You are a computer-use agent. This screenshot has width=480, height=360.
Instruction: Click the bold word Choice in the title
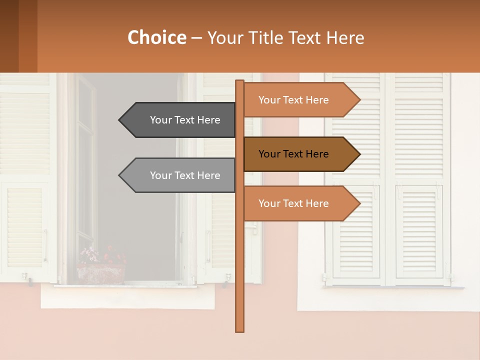pyautogui.click(x=156, y=38)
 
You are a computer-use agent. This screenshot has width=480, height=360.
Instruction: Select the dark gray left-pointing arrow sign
pyautogui.click(x=180, y=120)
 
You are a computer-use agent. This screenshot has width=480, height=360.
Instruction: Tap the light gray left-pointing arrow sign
pyautogui.click(x=180, y=175)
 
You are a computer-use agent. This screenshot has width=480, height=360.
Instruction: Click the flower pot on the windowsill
pyautogui.click(x=100, y=272)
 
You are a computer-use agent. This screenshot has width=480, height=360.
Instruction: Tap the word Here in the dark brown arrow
pyautogui.click(x=317, y=154)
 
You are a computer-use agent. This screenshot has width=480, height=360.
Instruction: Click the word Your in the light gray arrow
pyautogui.click(x=160, y=175)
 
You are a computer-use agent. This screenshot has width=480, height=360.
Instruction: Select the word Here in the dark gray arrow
pyautogui.click(x=208, y=120)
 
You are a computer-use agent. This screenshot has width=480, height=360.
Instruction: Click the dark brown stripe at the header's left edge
pyautogui.click(x=9, y=36)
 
